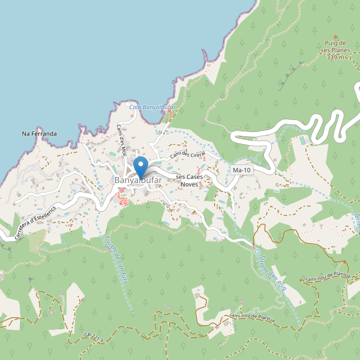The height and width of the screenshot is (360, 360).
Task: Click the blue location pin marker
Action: [x=140, y=165]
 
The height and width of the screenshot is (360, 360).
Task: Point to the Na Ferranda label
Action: [x=39, y=133]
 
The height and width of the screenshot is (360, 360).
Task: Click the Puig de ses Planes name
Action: [x=336, y=47]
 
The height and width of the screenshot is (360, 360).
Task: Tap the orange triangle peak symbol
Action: [x=335, y=35]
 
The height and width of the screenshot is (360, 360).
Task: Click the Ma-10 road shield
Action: [x=242, y=171]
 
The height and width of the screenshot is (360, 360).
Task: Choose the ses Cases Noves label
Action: [x=190, y=181]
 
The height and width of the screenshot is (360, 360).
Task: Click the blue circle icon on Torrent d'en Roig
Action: [x=257, y=251]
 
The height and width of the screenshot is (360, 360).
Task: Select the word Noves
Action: [x=190, y=184]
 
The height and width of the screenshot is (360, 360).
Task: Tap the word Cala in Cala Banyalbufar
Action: [x=136, y=107]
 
